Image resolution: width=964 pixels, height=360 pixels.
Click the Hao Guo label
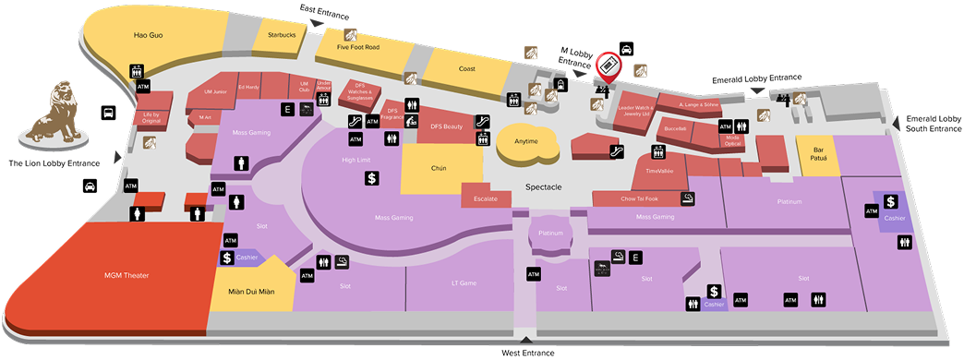[148, 36]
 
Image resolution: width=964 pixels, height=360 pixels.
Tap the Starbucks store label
[281, 35]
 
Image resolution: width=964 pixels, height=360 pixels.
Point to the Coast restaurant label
[466, 68]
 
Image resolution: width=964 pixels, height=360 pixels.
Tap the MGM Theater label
[127, 275]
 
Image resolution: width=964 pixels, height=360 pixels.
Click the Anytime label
[526, 141]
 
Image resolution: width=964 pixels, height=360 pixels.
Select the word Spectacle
[544, 186]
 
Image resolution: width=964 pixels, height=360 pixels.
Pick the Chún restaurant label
[439, 169]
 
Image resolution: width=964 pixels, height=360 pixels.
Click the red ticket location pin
[608, 66]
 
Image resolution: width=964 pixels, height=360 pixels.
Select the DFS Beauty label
[446, 126]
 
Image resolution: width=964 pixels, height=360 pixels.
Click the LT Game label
[463, 282]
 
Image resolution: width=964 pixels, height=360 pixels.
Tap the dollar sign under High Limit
[370, 178]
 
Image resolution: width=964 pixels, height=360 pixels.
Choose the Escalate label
[486, 198]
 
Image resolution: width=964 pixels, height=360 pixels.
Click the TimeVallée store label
[659, 171]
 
